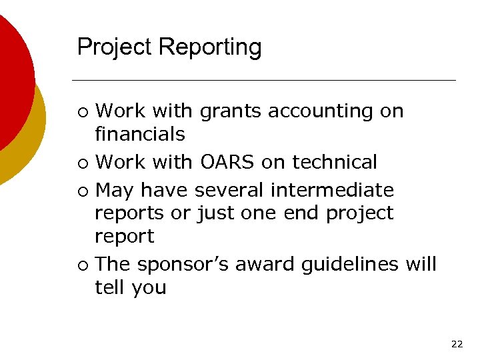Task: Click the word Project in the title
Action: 115,47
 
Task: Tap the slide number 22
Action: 457,344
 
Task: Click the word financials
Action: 140,134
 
